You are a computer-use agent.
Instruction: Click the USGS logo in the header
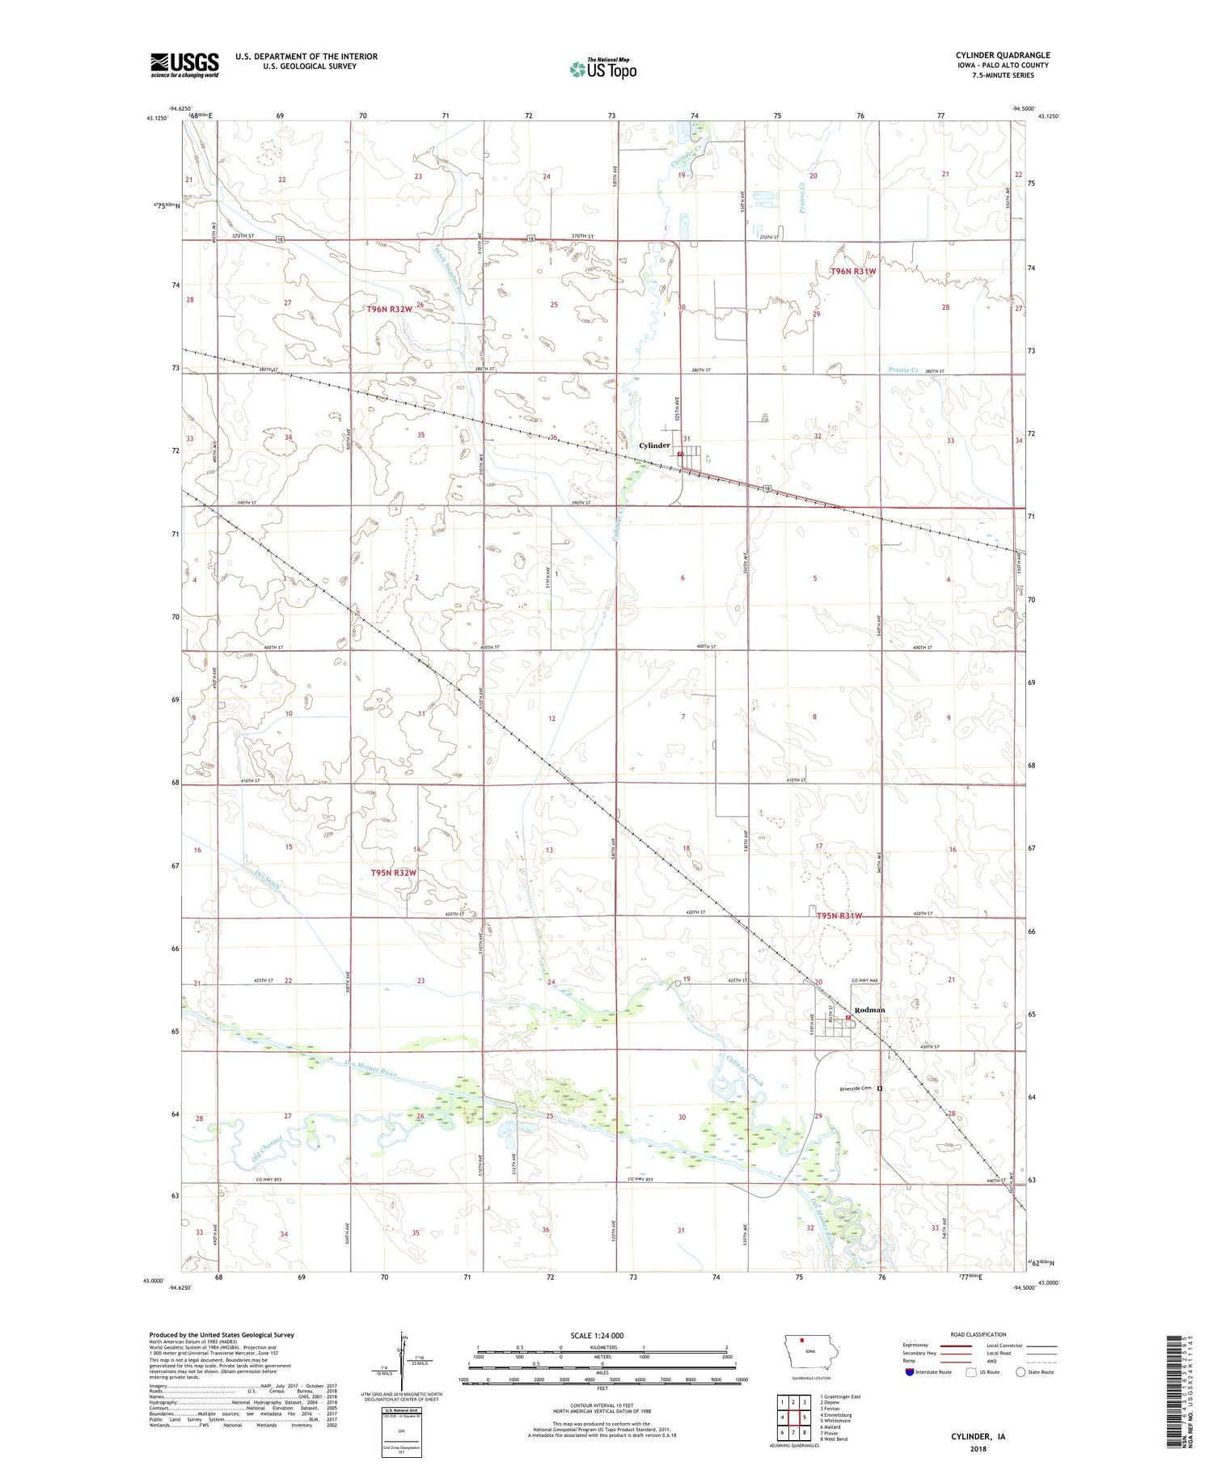[184, 65]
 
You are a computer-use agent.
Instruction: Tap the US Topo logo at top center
[603, 69]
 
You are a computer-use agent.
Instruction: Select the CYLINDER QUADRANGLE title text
[1002, 55]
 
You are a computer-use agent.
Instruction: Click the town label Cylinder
[654, 446]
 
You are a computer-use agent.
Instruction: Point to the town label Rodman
[870, 1010]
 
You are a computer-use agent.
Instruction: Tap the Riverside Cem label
[856, 1088]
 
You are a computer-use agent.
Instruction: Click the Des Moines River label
[371, 1071]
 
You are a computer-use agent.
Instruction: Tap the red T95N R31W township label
[839, 916]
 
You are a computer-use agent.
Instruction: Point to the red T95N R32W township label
[393, 873]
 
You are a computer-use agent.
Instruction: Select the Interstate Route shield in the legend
[909, 1372]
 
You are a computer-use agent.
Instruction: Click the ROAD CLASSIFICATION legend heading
[978, 1334]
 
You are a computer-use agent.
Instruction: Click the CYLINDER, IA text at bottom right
[978, 1437]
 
